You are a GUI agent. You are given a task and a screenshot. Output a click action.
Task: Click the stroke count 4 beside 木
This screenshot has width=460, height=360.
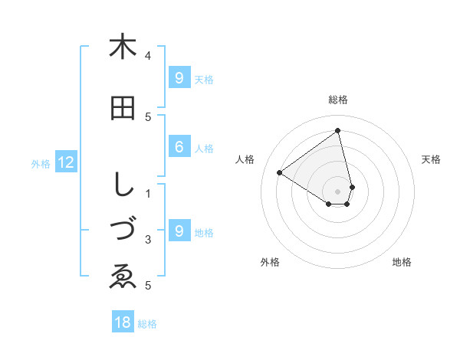coord(149,55)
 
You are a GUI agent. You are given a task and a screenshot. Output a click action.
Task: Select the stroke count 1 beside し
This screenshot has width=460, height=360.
coord(149,192)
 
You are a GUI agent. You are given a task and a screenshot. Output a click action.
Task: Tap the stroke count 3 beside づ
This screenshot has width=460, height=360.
coord(149,240)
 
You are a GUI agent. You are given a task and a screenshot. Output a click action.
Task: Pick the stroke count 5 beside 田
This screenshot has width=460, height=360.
coord(149,116)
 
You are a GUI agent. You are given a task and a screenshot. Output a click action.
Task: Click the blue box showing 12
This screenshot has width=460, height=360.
coord(65,162)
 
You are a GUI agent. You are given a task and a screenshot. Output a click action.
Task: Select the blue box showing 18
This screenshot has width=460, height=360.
coord(123,322)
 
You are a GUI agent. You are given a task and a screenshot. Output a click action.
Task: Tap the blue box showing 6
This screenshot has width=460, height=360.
coord(179,147)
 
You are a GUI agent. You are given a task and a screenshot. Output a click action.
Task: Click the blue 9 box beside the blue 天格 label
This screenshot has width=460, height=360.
coord(179,77)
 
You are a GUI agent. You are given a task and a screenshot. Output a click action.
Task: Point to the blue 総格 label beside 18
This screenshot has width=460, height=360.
coord(147,324)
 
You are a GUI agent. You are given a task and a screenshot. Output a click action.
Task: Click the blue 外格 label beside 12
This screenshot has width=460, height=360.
coord(41,163)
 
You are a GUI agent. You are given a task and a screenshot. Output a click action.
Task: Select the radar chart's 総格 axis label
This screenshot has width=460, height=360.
coord(338,100)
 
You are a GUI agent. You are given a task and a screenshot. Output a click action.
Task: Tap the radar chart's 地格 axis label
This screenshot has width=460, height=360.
coord(402,262)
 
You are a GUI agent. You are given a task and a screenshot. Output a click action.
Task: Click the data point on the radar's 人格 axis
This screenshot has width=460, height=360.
coord(279,172)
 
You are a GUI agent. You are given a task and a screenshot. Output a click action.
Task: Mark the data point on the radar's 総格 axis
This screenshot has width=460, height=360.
coord(338,130)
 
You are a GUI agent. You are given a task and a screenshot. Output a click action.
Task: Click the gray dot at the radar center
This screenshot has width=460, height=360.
coord(338,191)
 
